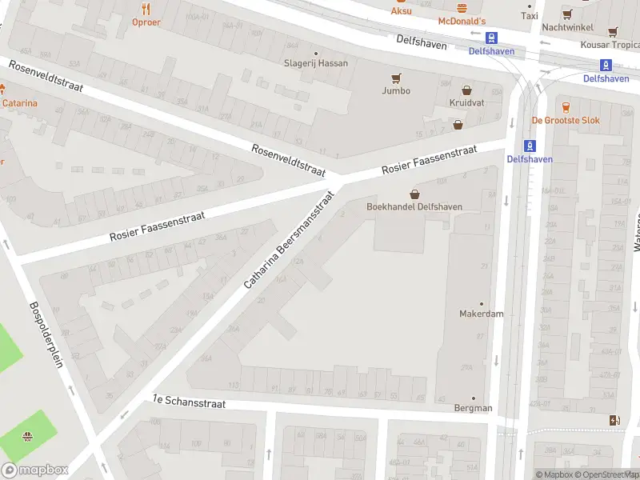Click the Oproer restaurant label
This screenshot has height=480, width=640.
point(146,22)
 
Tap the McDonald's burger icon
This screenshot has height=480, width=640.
point(462,6)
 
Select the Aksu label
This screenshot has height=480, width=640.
point(402,11)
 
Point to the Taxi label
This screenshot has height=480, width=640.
point(530,16)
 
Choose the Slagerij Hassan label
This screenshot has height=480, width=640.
point(316,63)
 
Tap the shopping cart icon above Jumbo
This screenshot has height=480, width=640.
point(395,78)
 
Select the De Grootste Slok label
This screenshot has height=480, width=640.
point(566,120)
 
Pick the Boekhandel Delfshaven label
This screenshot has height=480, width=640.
point(414,206)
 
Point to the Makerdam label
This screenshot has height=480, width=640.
point(481,314)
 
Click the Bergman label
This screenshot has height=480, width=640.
point(472,408)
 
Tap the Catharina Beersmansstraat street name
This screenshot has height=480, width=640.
point(288,239)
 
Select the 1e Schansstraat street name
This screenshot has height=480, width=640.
point(190,401)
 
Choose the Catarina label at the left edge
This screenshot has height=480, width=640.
point(19,103)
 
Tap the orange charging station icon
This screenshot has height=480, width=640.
point(614,420)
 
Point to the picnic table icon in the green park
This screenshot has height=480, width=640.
point(28,436)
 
